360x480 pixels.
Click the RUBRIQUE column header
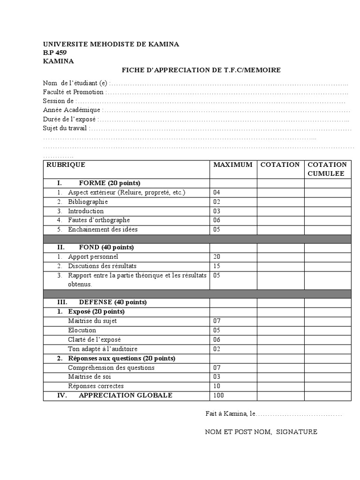65,165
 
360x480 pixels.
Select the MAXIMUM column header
232,165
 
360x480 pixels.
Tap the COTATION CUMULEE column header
327,169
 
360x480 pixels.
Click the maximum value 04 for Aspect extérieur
217,193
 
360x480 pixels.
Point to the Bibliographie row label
88,202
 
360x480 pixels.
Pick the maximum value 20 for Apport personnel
217,257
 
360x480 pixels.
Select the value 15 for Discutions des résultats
217,266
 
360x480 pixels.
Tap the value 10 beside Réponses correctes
217,386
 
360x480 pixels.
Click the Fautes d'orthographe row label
98,220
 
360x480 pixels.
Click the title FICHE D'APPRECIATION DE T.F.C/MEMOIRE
201,70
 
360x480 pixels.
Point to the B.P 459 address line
54,52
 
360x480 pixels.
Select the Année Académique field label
71,110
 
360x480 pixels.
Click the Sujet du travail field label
65,128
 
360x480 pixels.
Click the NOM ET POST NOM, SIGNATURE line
261,432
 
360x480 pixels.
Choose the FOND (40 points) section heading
106,247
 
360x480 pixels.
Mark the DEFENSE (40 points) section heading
112,302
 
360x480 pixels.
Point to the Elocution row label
82,330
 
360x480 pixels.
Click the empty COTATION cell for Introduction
280,211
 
